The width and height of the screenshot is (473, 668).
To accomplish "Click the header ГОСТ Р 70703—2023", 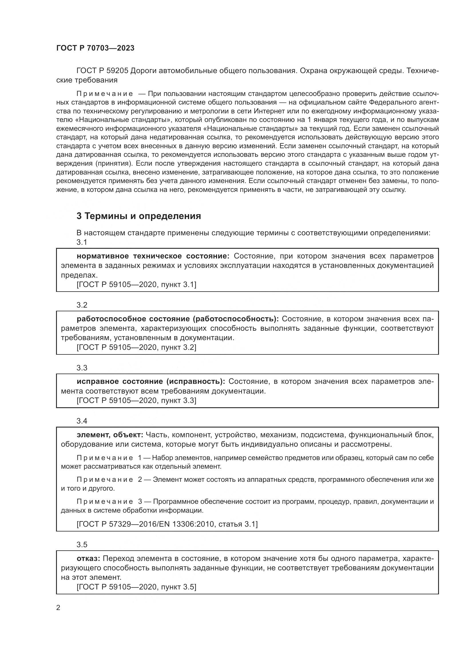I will coord(95,48).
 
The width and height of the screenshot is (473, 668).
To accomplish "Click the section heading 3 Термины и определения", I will coord(139,216).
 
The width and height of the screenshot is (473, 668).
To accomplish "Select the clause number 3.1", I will coord(82,242).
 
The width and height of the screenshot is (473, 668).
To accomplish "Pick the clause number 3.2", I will coord(82,305).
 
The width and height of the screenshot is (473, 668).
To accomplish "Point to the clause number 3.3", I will coord(82,368).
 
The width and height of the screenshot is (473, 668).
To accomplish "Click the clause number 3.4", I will coord(82,421).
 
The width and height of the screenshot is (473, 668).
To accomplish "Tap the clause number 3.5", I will coord(82,545).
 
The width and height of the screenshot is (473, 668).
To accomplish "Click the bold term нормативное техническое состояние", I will coord(153,256).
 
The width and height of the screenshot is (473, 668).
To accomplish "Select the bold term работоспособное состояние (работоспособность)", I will coord(178,319).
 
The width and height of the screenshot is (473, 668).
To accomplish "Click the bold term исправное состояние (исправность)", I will coord(151,382).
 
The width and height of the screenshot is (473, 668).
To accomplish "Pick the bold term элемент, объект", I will coord(110,435).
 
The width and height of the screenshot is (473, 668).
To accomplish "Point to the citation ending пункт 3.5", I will coord(136,587).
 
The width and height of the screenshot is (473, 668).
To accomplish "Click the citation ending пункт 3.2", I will coord(136,347).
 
